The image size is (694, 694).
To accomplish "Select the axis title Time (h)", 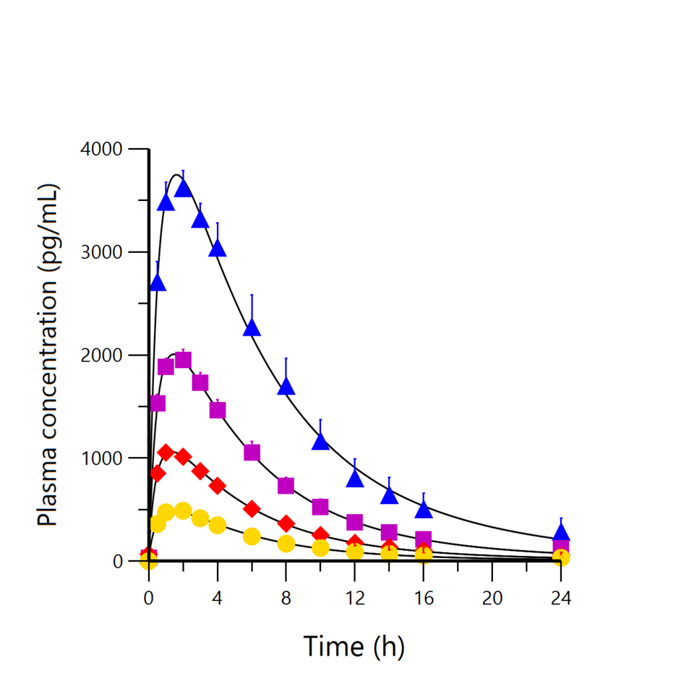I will point(354,646).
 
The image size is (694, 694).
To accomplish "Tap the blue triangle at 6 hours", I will point(252,327).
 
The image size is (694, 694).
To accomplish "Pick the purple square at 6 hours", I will point(252,453).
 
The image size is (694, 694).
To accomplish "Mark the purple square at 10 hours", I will point(320,507).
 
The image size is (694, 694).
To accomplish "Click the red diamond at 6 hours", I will point(252,509).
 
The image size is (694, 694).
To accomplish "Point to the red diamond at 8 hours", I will point(286,523).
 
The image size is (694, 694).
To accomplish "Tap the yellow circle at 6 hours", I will point(252,536).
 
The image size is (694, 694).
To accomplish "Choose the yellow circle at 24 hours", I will point(561,557).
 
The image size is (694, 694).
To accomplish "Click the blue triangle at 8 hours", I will point(286,386).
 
